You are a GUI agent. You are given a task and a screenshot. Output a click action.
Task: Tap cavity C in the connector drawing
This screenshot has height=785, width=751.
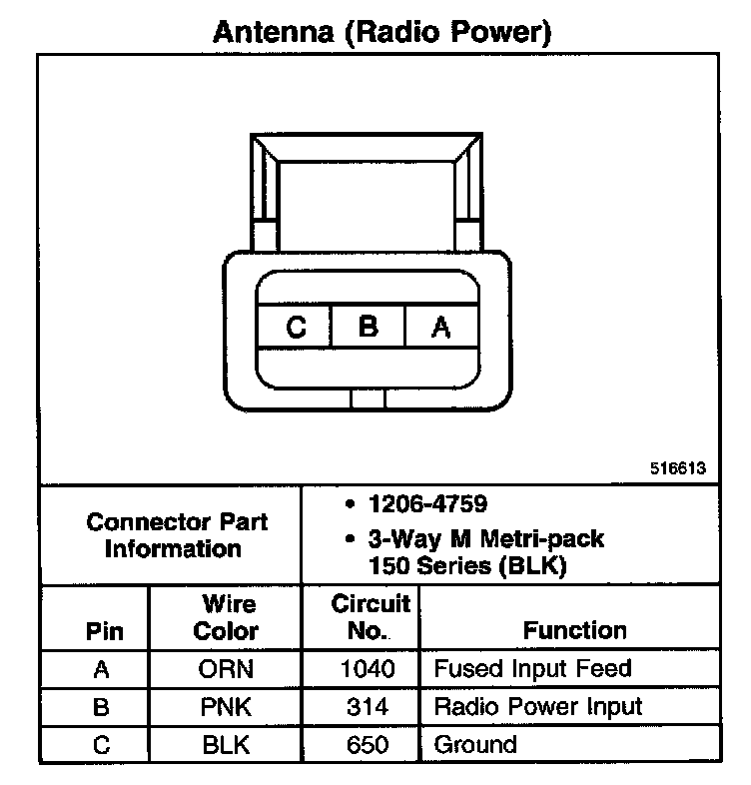[295, 327]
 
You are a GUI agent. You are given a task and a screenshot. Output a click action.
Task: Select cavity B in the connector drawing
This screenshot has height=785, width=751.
[368, 327]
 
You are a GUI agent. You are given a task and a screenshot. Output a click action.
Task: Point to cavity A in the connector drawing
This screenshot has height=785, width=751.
[440, 327]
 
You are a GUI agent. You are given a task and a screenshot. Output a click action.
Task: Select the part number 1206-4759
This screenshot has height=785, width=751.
[426, 504]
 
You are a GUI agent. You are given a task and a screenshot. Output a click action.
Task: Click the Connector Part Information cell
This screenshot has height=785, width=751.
[176, 535]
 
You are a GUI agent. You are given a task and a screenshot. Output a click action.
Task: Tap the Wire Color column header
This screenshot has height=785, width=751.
[226, 617]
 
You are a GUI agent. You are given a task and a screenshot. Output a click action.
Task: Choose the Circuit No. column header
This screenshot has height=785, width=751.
[370, 617]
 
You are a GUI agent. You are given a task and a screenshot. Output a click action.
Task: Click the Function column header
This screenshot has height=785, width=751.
[574, 630]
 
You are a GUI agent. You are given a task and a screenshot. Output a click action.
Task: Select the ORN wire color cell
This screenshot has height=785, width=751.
[226, 669]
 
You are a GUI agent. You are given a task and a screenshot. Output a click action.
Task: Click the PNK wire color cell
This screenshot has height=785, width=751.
[226, 707]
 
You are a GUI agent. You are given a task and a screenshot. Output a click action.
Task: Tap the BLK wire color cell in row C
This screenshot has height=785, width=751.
[226, 744]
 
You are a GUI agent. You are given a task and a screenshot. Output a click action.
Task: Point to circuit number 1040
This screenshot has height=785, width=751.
[368, 669]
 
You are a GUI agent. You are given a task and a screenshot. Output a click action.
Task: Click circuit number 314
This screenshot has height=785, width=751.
[368, 707]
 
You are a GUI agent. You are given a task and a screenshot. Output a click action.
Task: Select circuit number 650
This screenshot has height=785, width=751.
[368, 744]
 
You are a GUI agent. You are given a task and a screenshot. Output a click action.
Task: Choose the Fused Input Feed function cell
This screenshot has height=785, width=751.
[532, 669]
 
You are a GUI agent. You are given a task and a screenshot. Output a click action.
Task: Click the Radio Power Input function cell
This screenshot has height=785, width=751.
[537, 707]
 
